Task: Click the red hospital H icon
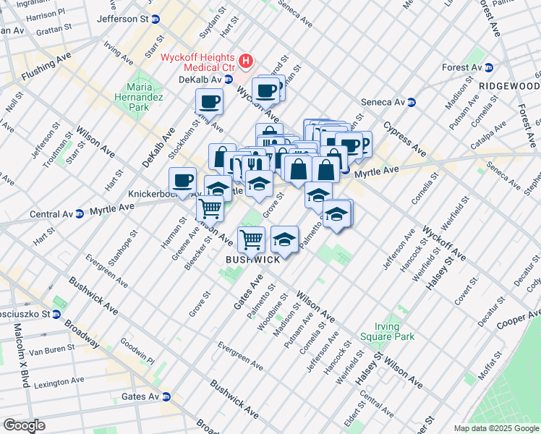(246, 61)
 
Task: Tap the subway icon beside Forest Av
(488, 67)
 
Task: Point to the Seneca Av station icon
(412, 102)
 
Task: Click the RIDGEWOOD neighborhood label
(509, 85)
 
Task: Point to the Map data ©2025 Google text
(496, 428)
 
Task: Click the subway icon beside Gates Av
(166, 396)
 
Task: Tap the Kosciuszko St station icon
(56, 315)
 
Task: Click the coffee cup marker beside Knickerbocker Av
(182, 179)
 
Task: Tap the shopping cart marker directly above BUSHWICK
(251, 238)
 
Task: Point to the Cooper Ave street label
(519, 320)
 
